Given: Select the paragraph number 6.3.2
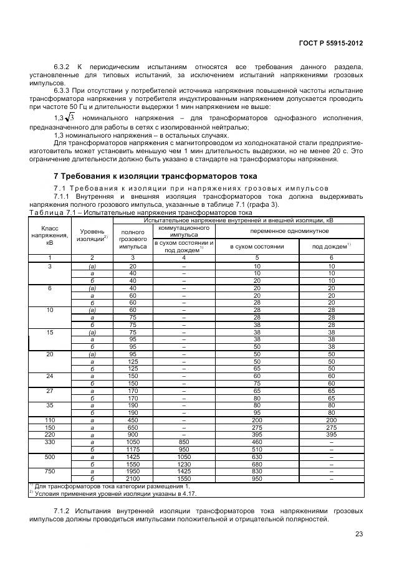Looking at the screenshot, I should point(63,66).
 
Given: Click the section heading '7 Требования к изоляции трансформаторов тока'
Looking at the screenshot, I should point(155,176).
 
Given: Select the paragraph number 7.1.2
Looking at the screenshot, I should point(64,511).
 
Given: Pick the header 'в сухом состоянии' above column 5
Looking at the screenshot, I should point(257,247).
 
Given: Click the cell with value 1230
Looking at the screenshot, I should point(183,464).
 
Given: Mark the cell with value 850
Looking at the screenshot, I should point(183,442).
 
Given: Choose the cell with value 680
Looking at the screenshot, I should point(257,464).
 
